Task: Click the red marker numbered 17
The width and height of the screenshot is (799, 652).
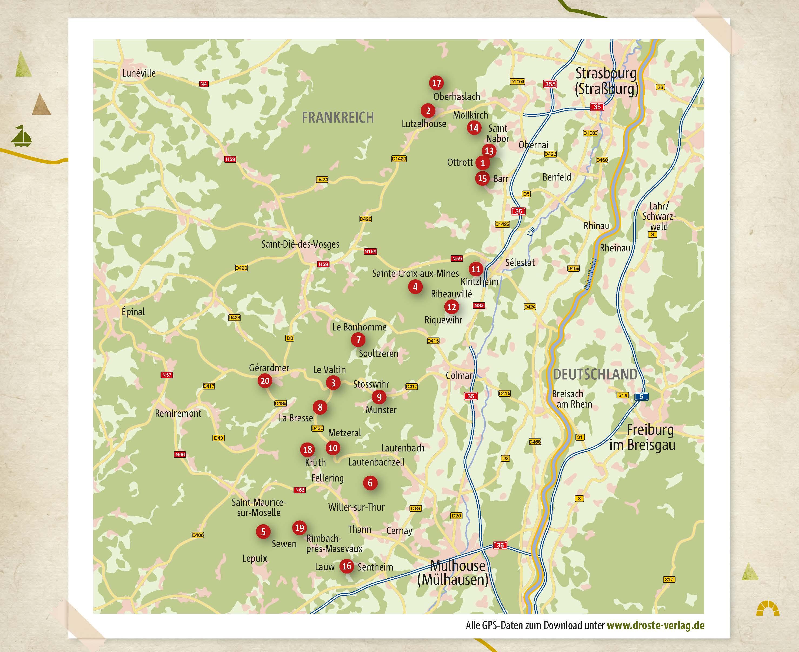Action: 436,83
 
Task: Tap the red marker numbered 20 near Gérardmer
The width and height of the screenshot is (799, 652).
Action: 265,381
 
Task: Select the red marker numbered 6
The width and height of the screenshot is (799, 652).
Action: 370,483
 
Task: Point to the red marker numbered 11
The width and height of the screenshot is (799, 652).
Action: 476,269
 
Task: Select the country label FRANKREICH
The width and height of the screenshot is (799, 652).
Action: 338,117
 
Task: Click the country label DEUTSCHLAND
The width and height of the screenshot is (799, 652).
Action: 595,375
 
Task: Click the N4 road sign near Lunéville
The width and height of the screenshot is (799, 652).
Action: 203,84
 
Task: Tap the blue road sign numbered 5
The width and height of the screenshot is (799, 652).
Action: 641,397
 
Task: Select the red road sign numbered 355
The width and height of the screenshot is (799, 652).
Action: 550,84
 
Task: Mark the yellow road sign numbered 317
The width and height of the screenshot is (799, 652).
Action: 669,579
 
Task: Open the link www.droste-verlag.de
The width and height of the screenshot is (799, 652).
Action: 655,625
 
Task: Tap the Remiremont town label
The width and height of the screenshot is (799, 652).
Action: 178,414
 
